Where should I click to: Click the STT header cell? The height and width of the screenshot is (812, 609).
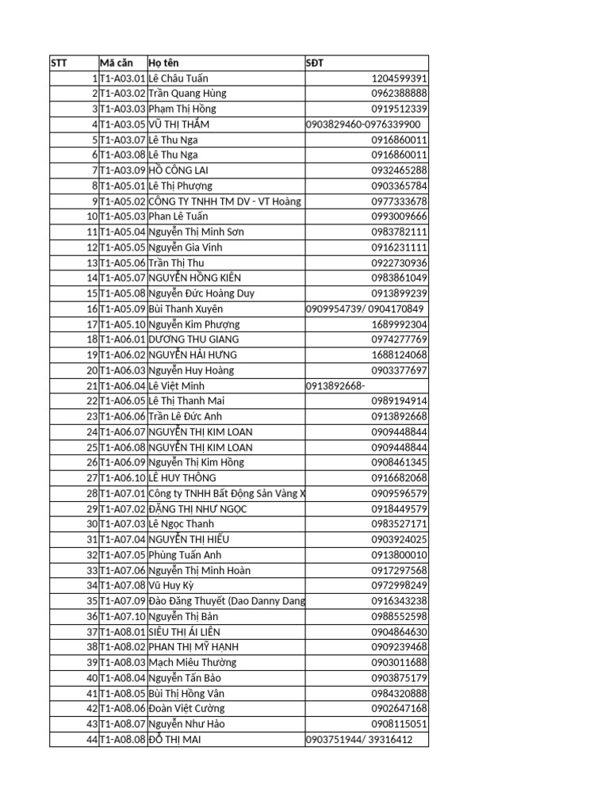pos(59,63)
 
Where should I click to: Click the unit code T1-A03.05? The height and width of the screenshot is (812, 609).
pos(123,124)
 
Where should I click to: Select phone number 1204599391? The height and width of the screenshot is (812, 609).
pos(399,79)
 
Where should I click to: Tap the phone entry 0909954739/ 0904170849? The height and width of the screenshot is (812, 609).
pos(365,308)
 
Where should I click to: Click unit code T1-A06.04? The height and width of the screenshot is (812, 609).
pos(123,385)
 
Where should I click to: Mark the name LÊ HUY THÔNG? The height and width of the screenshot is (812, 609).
pos(182,478)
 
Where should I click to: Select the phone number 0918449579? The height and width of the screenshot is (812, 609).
pos(399,509)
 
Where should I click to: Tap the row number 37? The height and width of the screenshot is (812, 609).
pos(92,632)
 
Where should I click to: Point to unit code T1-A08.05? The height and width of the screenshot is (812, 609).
pos(123,694)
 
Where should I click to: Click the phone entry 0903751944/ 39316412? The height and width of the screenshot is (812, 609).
pos(359,740)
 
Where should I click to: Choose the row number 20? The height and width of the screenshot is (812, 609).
pos(92,370)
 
